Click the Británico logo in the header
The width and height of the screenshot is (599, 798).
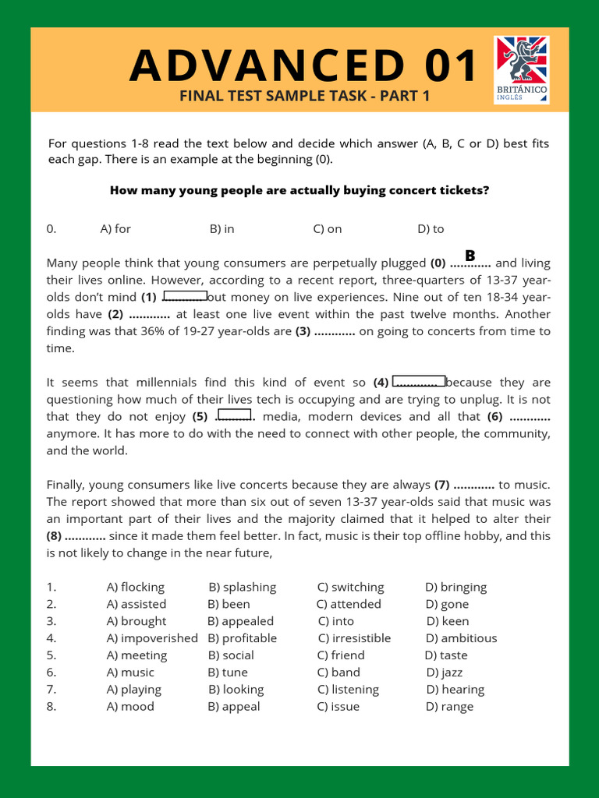(522, 69)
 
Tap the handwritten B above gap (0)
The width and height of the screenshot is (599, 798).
(470, 256)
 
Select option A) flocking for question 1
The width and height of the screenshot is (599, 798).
(135, 587)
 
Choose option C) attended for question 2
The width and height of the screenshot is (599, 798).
(349, 604)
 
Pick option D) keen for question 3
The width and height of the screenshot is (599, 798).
(448, 621)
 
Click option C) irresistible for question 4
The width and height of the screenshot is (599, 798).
(354, 638)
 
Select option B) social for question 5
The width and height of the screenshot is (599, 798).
(231, 655)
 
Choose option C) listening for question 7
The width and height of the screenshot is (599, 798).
(348, 690)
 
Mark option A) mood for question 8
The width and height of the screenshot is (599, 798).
(130, 707)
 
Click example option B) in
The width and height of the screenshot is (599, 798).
(222, 229)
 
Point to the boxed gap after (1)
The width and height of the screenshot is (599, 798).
(185, 296)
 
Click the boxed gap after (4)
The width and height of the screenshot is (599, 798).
(419, 382)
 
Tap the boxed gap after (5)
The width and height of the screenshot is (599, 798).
(235, 415)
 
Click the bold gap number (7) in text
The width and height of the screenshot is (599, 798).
(441, 485)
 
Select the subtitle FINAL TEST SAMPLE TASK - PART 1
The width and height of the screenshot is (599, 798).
(305, 96)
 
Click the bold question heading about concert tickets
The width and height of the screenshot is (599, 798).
(299, 190)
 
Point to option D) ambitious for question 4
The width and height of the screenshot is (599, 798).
(461, 638)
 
